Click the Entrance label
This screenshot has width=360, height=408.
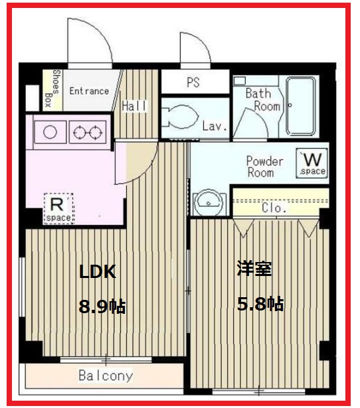pos(89,91)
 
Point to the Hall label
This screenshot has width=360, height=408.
pos(135,106)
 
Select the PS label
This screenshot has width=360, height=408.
pos(193,83)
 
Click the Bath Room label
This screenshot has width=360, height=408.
pos(258,100)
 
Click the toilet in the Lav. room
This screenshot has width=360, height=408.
pos(180,119)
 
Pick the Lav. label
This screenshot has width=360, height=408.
pos(215,126)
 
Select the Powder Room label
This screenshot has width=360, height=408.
pos(265,167)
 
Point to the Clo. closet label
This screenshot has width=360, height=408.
pos(274,208)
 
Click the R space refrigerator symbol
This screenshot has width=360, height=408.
pos(58,208)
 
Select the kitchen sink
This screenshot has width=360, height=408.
pos(48,131)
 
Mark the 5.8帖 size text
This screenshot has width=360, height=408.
pos(260,304)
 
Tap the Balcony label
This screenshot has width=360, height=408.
pos(105,376)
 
